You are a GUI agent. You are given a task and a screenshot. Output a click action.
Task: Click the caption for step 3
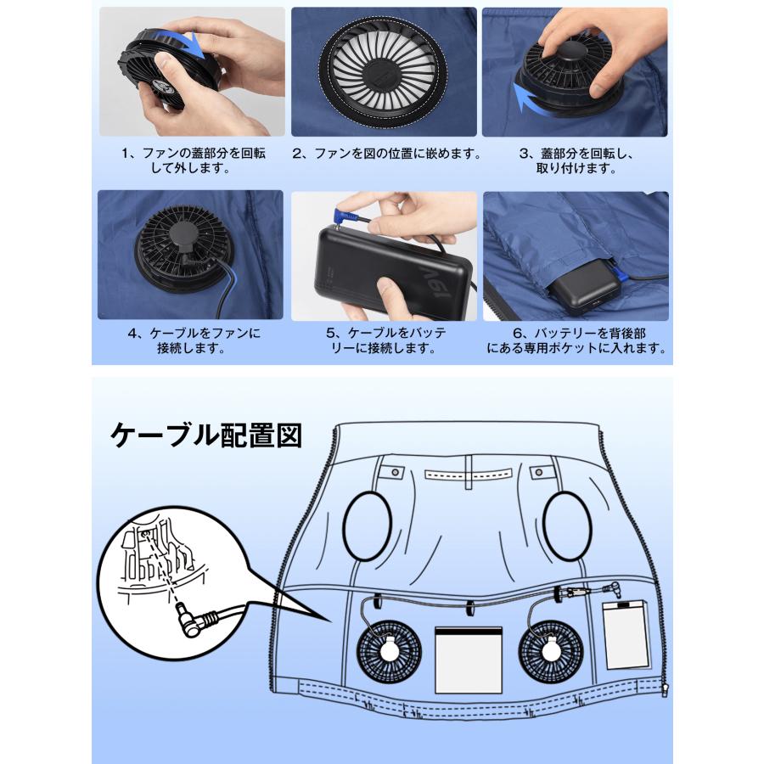pos(576,161)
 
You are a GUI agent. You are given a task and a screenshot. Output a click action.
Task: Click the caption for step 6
pos(576,340)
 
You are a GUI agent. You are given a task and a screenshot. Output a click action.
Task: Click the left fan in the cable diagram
pos(389,652)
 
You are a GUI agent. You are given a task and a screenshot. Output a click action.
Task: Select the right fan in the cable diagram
pos(551,652)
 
